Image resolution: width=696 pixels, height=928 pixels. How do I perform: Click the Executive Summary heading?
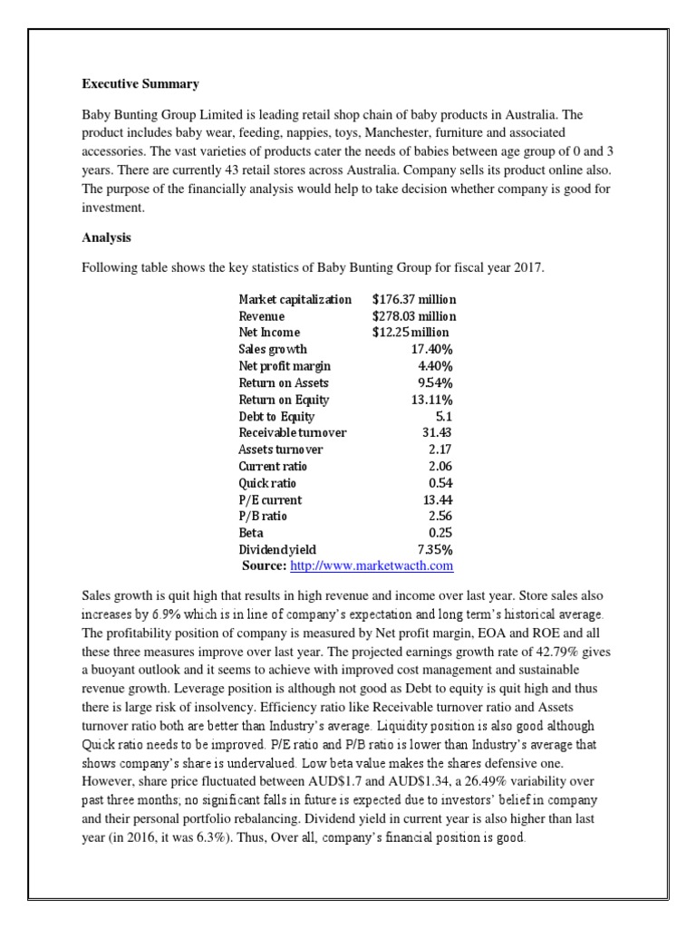tap(140, 84)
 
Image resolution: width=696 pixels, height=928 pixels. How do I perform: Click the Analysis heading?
tap(107, 239)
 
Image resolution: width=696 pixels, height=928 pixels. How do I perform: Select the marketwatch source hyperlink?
tap(371, 566)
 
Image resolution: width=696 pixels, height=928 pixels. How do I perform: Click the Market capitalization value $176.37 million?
tap(414, 299)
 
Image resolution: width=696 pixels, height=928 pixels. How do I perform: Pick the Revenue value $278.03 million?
tap(414, 316)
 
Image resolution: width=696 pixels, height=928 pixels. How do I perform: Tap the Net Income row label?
tap(269, 333)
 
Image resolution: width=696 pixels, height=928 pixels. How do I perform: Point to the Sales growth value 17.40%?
tap(432, 349)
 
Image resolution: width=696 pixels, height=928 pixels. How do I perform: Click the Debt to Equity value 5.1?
tap(444, 416)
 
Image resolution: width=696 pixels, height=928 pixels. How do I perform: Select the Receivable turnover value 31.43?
tap(438, 433)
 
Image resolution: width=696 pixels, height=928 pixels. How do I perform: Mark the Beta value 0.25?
tap(440, 533)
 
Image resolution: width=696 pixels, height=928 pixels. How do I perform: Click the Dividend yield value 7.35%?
tap(435, 549)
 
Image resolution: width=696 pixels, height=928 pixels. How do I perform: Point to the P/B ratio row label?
tap(263, 517)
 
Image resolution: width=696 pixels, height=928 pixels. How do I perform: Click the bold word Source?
tap(265, 566)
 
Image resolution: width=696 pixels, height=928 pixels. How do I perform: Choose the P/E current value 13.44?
tap(438, 499)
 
